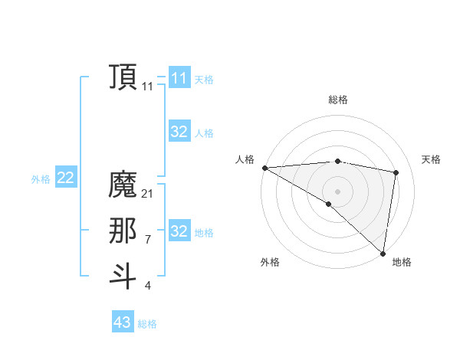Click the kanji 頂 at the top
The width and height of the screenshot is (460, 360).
point(123,77)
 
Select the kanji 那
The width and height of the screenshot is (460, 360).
point(123,231)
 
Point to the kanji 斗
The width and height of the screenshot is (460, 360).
point(123,277)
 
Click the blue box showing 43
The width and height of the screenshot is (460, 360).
point(122,322)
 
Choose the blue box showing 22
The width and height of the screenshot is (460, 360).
point(65,178)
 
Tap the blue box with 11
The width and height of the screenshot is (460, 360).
point(179,77)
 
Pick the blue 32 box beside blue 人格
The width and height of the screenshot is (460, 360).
point(179,132)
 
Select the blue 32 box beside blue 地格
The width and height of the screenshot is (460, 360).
point(179,231)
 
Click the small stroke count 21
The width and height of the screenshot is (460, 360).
point(147,194)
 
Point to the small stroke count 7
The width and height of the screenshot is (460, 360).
point(147,240)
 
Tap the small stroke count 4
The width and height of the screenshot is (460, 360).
point(147,286)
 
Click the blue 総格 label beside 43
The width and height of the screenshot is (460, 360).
point(147,324)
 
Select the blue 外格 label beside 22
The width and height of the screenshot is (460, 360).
point(41,179)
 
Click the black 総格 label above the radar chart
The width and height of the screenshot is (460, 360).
point(337,100)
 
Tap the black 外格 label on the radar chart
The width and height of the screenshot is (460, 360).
point(270,262)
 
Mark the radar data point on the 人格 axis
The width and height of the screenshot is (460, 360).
point(264,167)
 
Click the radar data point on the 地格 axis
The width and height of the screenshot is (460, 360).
point(382,252)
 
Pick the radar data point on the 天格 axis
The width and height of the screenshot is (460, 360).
point(396,172)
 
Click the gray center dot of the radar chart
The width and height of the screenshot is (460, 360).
point(337,191)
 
